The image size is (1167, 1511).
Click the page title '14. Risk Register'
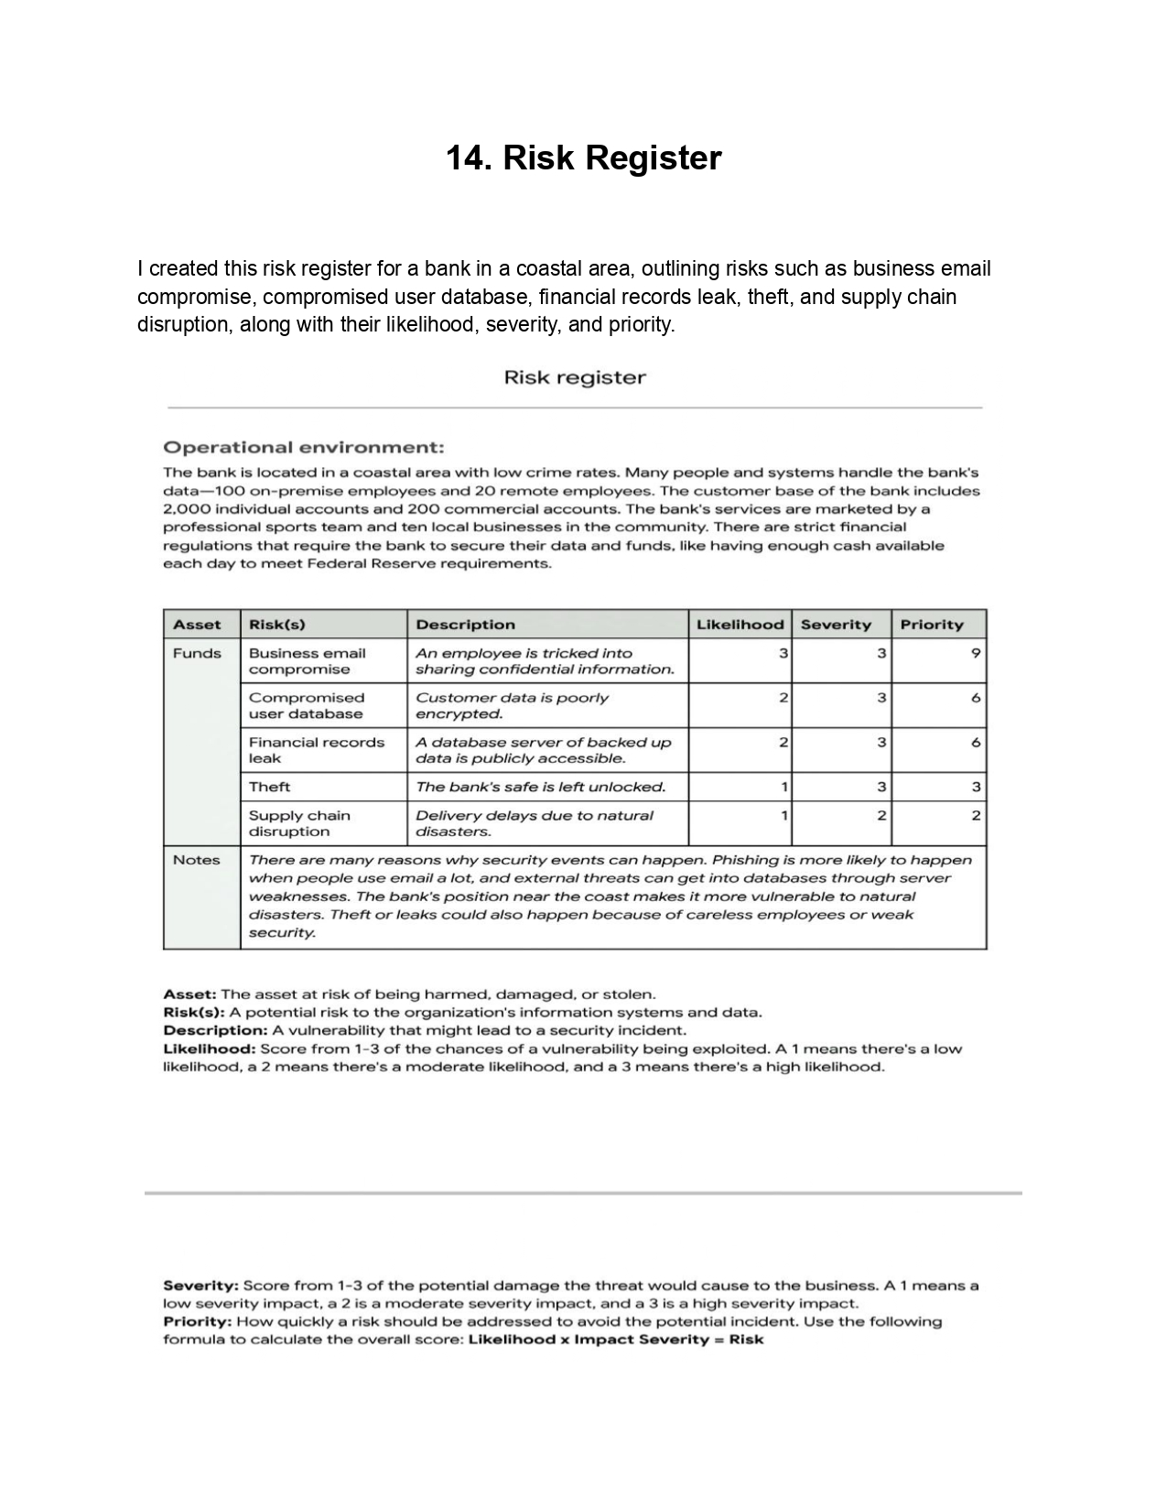tap(583, 158)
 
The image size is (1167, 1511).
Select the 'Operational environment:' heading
tap(304, 448)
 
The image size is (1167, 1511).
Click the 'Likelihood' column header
tap(740, 625)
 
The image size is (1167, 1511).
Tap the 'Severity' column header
tap(836, 625)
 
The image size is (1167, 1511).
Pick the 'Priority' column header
tap(932, 625)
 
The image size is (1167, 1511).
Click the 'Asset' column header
tap(197, 625)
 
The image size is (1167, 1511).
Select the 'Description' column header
tap(465, 625)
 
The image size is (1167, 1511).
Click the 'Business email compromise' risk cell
tap(308, 661)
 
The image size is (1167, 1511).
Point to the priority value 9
tap(976, 653)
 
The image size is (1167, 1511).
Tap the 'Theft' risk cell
tap(270, 787)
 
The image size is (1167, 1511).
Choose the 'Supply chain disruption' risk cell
tap(300, 823)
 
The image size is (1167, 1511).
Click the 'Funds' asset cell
tap(197, 653)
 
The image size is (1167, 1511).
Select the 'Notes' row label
tap(197, 860)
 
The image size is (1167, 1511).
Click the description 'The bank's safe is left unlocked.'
tap(540, 787)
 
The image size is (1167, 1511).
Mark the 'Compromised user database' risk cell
tap(307, 706)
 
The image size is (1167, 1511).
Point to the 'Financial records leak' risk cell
tap(317, 750)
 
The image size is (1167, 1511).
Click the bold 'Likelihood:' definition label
tap(210, 1049)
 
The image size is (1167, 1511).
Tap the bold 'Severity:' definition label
tap(201, 1286)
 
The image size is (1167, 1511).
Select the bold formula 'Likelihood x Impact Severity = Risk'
tap(615, 1340)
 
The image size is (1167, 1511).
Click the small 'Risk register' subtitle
tap(575, 378)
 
